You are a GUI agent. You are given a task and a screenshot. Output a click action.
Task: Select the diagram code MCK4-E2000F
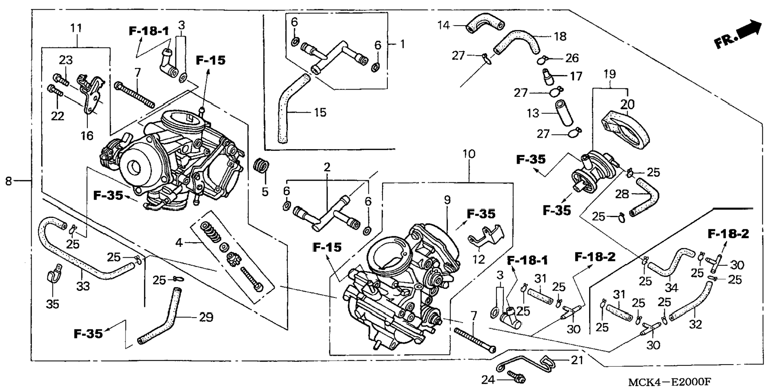coord(670,382)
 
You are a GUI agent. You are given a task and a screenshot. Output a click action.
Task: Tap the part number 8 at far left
coord(9,181)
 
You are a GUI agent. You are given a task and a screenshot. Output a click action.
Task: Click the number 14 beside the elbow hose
coord(444,26)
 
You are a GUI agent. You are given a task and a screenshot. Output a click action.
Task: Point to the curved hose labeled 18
coord(517,42)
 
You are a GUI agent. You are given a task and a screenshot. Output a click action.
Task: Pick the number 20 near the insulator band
coord(628,105)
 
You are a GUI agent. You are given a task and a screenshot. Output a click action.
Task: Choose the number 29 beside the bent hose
coord(206,317)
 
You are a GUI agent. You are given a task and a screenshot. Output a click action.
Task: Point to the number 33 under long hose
coord(83,286)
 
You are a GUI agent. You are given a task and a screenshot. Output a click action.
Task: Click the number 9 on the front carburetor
coord(447,200)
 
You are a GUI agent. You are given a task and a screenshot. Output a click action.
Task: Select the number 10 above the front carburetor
coord(469,154)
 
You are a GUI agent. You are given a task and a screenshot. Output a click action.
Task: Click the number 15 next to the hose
coord(320,113)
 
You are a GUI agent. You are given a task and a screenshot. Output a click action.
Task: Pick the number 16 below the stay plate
coord(87,136)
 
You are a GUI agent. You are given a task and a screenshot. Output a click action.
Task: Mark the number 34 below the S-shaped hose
coord(671,288)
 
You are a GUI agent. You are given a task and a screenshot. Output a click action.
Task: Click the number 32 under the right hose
coord(696,325)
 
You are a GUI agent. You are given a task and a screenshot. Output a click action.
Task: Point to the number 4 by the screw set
coord(179,243)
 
